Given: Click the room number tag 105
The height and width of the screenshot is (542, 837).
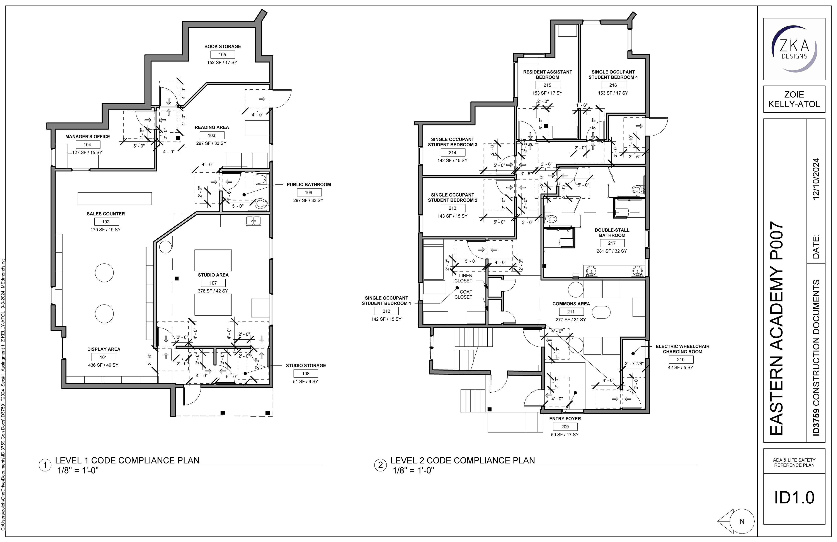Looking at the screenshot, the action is click(222, 55).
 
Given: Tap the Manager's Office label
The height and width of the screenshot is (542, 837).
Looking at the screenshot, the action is click(88, 137).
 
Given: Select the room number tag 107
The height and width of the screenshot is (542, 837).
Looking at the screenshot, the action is click(213, 283).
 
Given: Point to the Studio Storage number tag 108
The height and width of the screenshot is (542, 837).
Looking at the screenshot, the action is click(306, 374).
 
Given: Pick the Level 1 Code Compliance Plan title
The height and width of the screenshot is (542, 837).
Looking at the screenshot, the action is click(127, 460).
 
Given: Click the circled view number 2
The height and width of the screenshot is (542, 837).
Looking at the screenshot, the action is click(380, 465).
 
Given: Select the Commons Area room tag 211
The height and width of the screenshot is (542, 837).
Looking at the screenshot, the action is click(571, 312).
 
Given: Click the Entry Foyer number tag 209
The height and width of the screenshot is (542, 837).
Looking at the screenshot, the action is click(565, 427).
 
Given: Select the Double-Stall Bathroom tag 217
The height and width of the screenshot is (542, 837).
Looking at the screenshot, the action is click(612, 243).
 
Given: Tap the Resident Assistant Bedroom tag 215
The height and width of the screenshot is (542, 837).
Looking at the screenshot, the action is click(548, 85).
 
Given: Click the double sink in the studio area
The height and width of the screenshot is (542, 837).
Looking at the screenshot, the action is click(253, 221).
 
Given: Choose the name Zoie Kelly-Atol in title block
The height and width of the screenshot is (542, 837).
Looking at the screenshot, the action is click(794, 99).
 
